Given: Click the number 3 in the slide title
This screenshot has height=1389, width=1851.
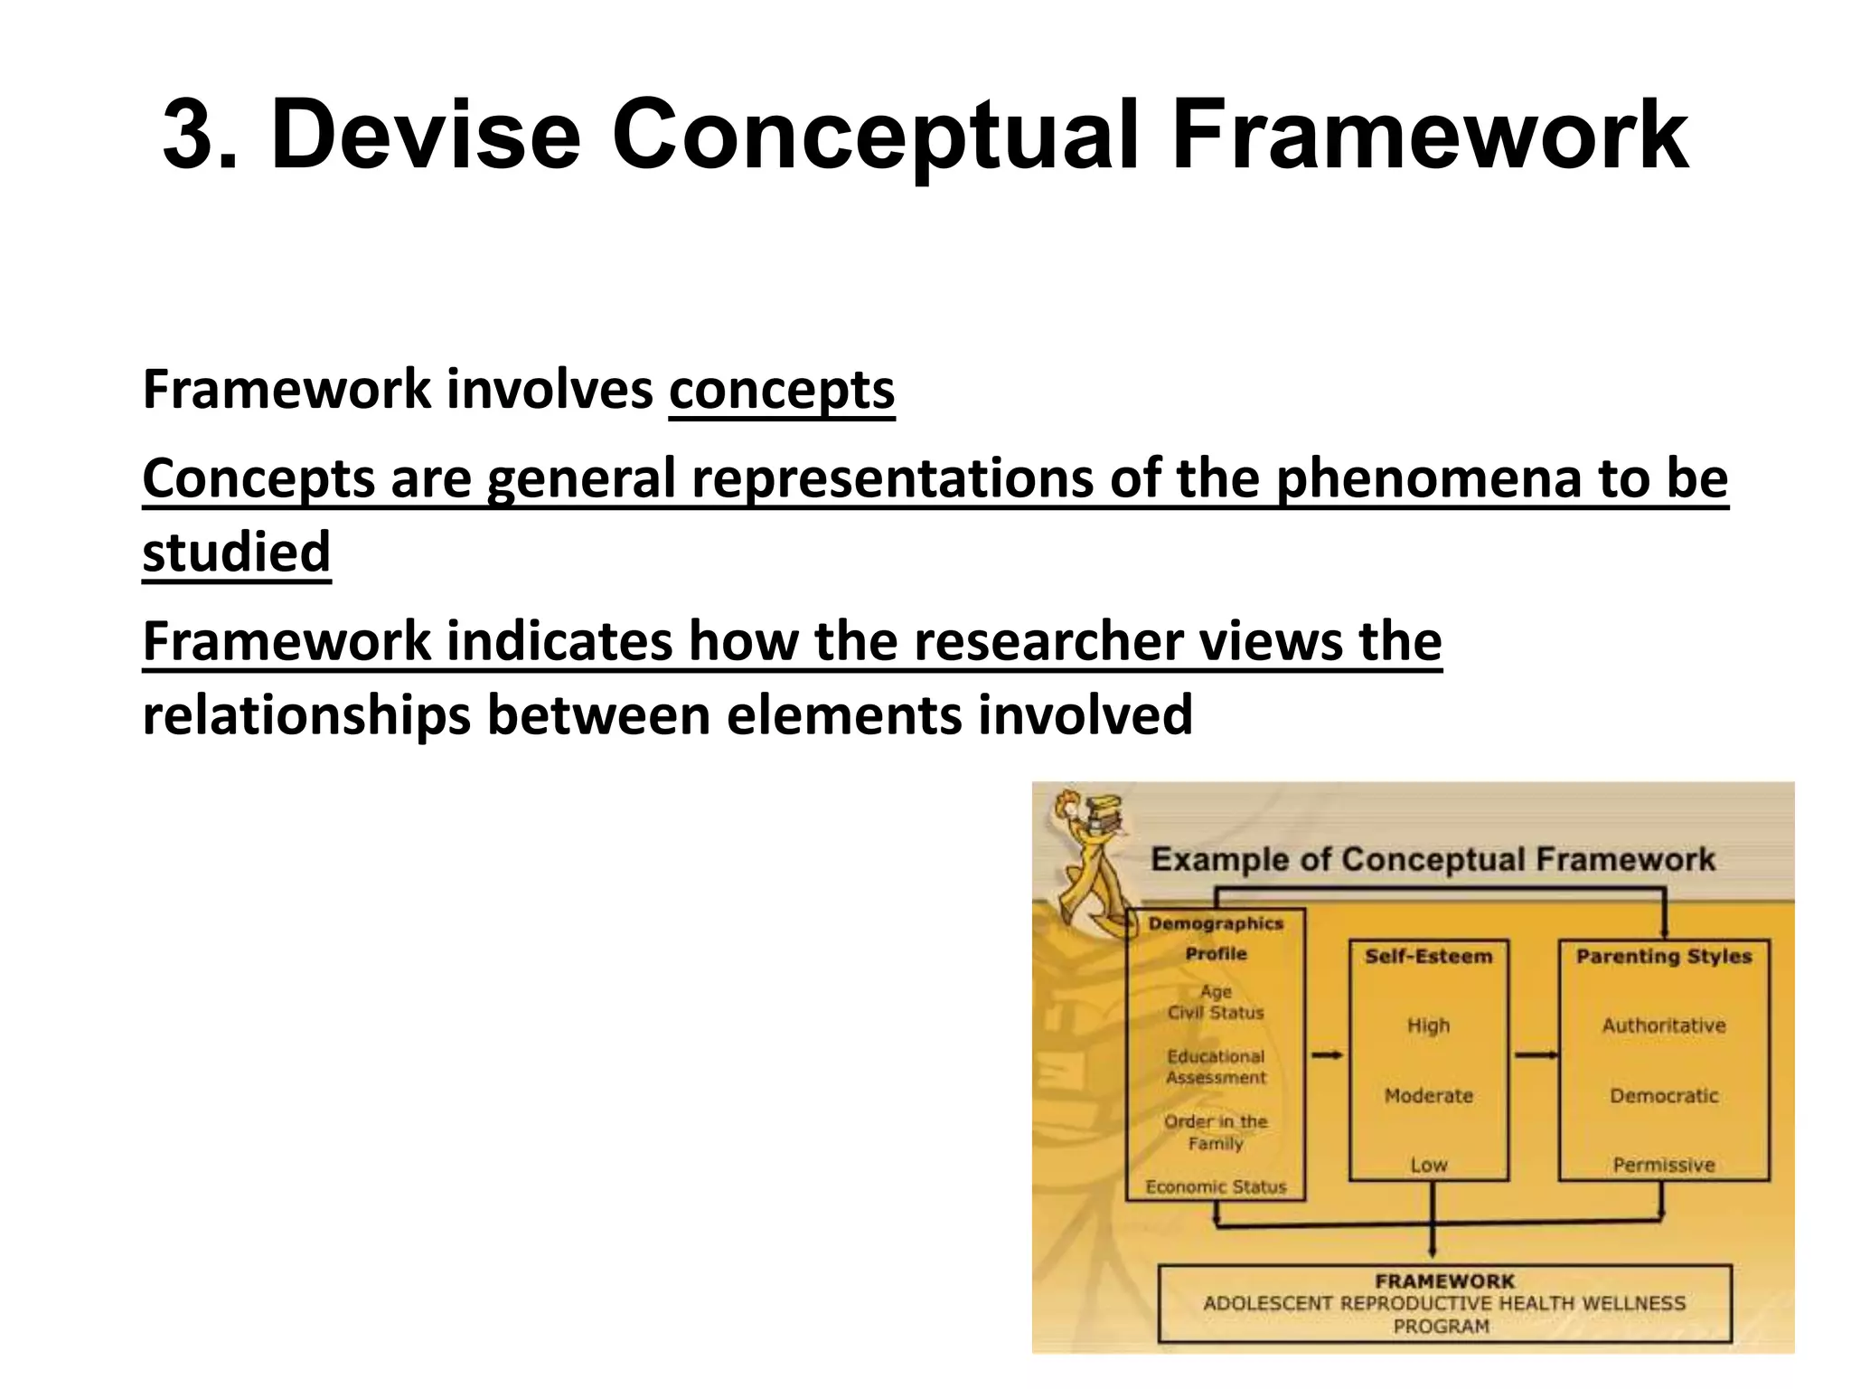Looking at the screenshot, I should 201,136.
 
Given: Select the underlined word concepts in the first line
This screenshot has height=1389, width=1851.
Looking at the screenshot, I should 781,390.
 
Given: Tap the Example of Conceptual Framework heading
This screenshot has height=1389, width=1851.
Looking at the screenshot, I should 1433,859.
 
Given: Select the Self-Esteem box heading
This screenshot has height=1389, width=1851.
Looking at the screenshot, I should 1428,956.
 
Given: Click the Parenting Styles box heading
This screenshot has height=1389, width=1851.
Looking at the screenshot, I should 1664,956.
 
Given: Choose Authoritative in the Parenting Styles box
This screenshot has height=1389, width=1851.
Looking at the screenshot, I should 1664,1025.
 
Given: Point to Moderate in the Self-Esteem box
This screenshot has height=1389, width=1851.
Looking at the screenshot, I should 1428,1096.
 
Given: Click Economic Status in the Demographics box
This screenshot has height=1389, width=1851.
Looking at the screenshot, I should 1216,1186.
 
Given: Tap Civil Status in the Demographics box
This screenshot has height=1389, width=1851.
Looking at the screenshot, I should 1216,1013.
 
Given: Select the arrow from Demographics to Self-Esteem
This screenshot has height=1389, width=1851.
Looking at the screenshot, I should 1327,1054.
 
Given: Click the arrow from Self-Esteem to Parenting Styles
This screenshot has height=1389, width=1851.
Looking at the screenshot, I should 1535,1054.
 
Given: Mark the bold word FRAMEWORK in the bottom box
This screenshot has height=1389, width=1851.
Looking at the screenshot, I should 1444,1280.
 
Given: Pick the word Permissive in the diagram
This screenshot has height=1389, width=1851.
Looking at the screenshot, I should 1664,1165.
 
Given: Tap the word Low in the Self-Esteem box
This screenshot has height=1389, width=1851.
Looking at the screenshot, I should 1428,1165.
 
